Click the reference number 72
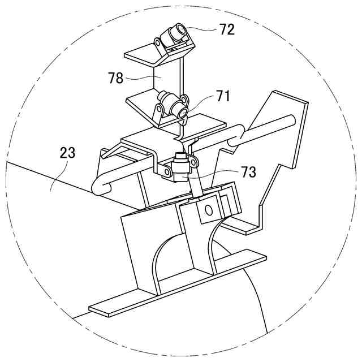tap(227, 30)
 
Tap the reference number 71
tap(223, 96)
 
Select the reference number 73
tap(248, 173)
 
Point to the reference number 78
tap(115, 78)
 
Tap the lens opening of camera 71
tap(182, 113)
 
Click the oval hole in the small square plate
tap(208, 210)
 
